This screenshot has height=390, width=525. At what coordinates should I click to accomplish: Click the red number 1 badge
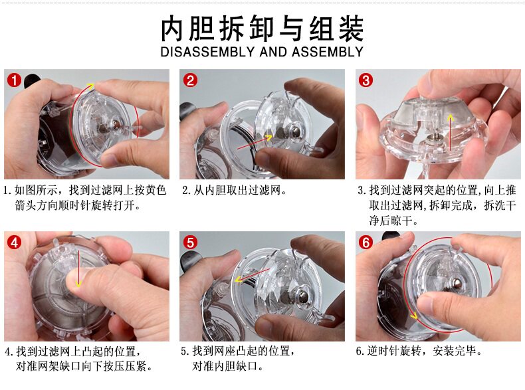coord(14,80)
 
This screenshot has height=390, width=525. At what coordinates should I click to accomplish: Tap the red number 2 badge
coord(190,80)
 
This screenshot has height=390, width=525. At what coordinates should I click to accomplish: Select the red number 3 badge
coord(366,80)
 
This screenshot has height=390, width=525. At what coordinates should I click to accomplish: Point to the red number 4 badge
coord(14,243)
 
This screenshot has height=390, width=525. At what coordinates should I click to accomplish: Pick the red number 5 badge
coord(190,243)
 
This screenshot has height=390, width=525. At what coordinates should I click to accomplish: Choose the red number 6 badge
coord(366,243)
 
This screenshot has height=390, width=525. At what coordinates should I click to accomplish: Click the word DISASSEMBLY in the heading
coord(207,52)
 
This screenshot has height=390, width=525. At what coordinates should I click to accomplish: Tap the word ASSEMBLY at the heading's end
coord(328,52)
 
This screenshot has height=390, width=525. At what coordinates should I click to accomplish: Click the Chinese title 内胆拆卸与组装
coord(262,28)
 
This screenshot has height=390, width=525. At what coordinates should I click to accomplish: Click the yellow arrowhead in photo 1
coord(90,85)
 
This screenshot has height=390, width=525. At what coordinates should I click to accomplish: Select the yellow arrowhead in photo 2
coord(268,138)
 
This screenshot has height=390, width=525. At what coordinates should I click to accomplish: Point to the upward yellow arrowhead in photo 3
coord(451,118)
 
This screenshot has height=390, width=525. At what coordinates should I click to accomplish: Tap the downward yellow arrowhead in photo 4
coord(78,284)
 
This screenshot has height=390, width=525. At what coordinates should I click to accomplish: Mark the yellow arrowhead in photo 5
coord(238,279)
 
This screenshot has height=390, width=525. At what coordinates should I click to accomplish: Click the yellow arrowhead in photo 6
coord(415,316)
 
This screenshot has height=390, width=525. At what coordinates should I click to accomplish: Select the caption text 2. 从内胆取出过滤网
coord(235,191)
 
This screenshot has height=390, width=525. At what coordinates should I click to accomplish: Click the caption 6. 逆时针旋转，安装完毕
coord(419,351)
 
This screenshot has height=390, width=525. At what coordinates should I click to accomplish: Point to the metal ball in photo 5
coord(304,296)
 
